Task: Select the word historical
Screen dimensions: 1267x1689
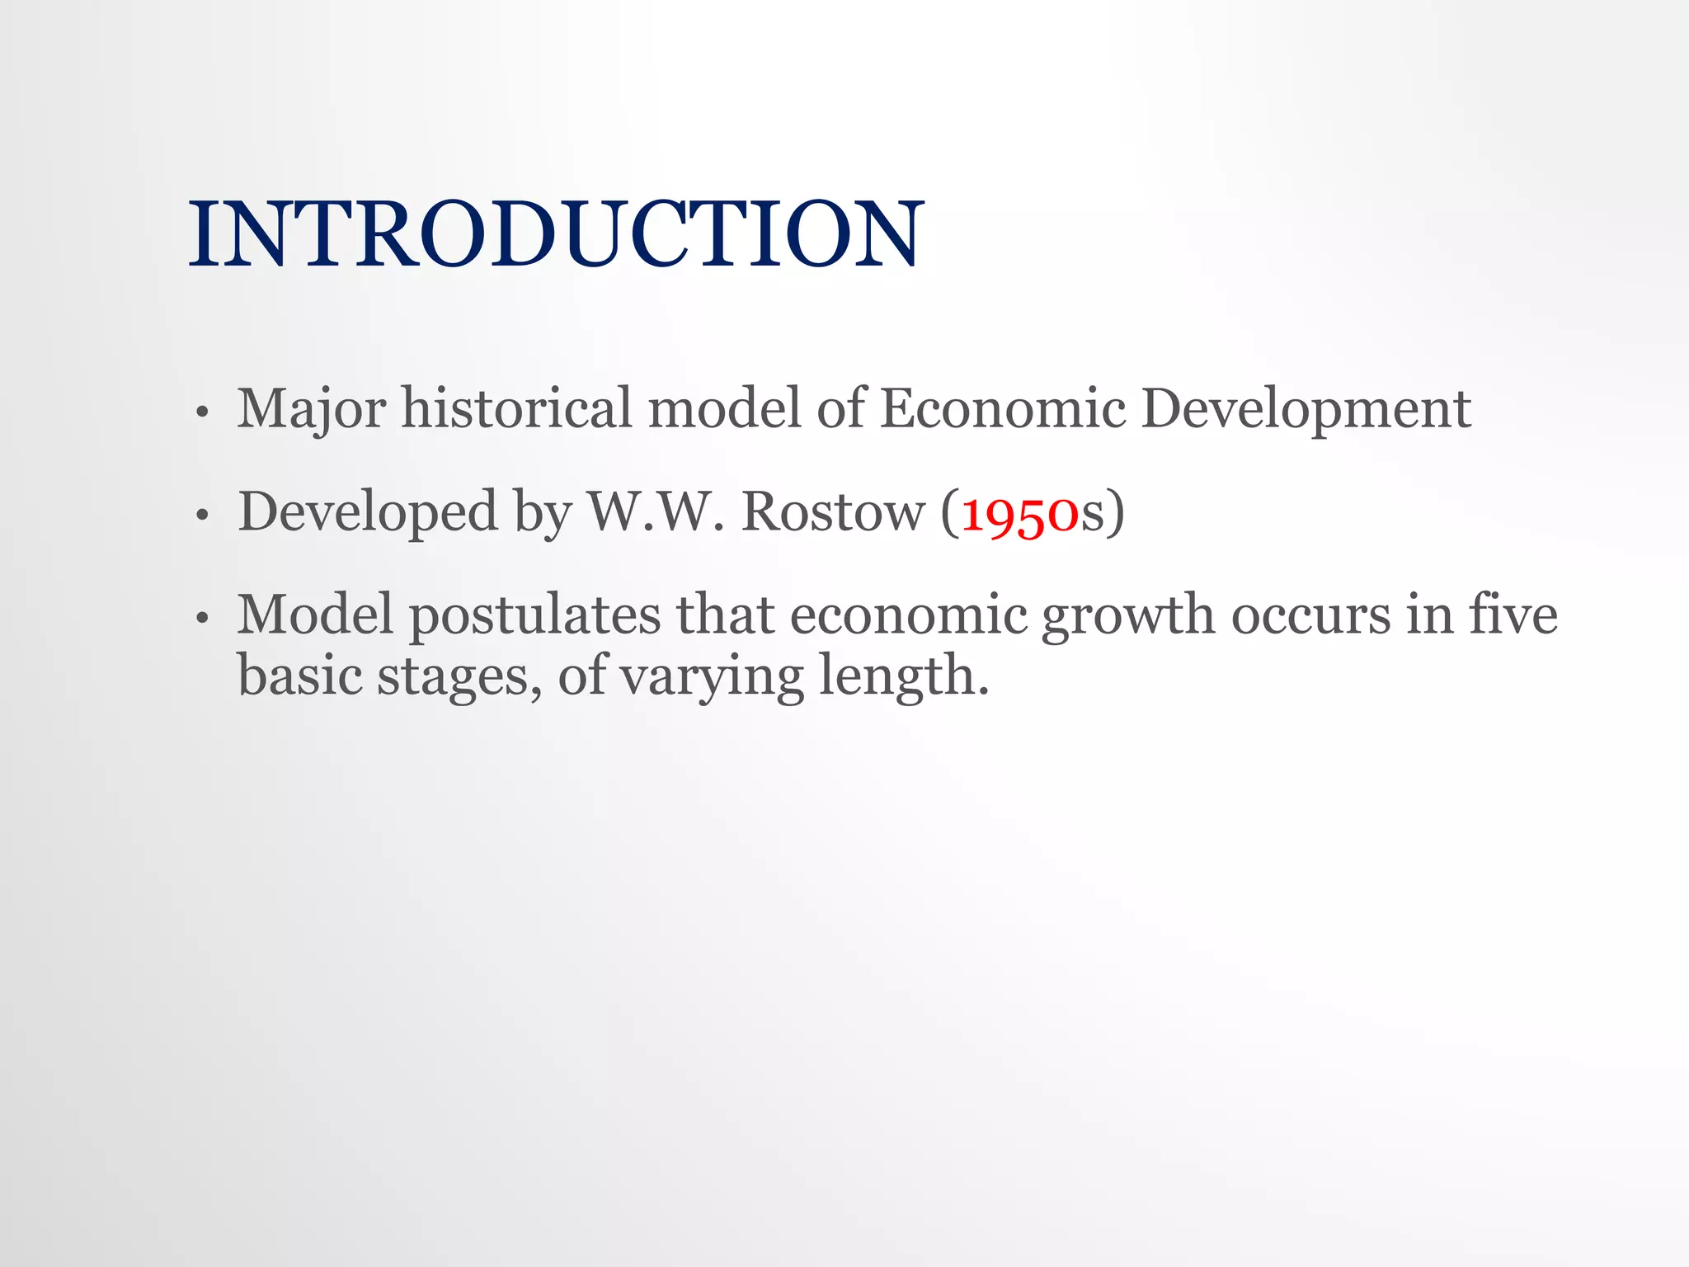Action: [516, 408]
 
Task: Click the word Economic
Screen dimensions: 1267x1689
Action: [1002, 408]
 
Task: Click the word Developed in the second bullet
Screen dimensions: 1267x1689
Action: [368, 512]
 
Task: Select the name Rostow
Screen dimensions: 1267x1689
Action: [833, 511]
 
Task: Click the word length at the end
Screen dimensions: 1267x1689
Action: [899, 676]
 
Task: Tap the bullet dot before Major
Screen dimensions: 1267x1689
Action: [201, 412]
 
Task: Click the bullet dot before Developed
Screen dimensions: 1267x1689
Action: [201, 516]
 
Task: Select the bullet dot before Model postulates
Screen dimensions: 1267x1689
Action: [201, 618]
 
